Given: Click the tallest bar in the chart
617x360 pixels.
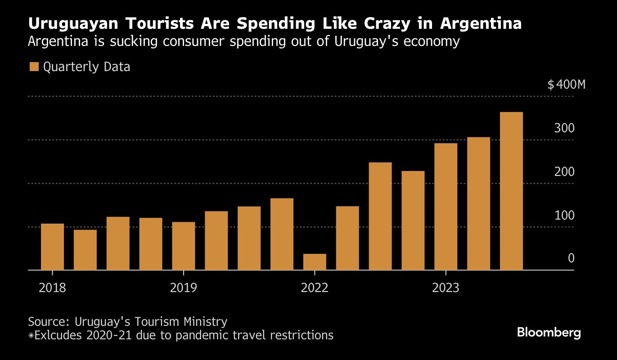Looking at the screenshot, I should [x=511, y=191].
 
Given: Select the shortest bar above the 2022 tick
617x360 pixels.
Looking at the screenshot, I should [x=315, y=262].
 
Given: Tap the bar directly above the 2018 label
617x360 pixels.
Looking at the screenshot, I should [x=52, y=247].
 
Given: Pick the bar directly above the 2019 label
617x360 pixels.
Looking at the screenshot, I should [x=184, y=246].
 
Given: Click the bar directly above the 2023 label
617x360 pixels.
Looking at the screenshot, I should [x=446, y=207].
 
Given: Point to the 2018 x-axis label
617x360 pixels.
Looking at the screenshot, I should [x=52, y=288].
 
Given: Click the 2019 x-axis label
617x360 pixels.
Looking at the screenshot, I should [x=184, y=288].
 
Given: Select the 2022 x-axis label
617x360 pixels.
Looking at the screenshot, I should [x=315, y=288].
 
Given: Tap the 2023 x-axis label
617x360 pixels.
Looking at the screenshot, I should [x=446, y=288].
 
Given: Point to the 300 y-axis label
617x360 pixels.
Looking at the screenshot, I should [x=565, y=128].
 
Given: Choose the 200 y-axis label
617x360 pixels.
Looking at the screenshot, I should [x=565, y=172].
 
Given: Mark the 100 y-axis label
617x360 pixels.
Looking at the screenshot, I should [x=565, y=216].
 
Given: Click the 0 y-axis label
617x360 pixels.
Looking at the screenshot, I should [x=571, y=258].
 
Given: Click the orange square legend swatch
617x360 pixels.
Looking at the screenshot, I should [x=34, y=67].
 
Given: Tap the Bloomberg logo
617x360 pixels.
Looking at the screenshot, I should [x=549, y=333].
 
